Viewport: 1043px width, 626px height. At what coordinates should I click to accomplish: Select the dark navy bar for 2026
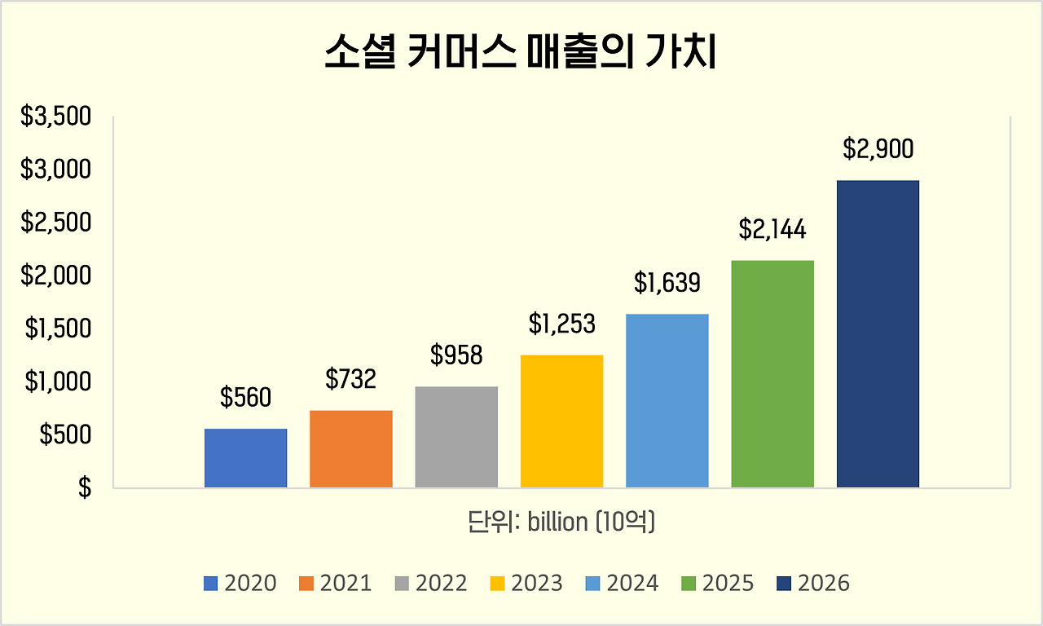878,334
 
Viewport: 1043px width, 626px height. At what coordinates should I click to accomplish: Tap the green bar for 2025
772,374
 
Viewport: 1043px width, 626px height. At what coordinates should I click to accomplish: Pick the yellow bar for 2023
561,421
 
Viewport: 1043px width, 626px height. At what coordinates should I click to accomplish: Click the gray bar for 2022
456,437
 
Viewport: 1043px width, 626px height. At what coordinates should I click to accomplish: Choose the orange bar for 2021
351,449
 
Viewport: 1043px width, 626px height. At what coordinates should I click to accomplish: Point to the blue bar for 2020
245,458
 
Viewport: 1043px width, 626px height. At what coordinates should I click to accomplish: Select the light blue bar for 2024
667,401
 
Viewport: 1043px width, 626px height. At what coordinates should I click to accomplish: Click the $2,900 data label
878,149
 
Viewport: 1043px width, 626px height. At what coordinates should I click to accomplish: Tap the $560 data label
245,398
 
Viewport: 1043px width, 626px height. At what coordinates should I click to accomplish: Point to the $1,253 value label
561,324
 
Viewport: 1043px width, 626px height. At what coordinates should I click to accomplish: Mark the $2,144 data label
772,230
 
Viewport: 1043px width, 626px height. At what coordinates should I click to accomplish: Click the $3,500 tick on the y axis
55,117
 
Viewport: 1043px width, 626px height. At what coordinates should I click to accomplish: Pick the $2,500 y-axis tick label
55,223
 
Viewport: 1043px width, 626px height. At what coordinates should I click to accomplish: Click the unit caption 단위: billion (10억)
561,522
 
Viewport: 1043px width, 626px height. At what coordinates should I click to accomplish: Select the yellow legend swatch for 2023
498,584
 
